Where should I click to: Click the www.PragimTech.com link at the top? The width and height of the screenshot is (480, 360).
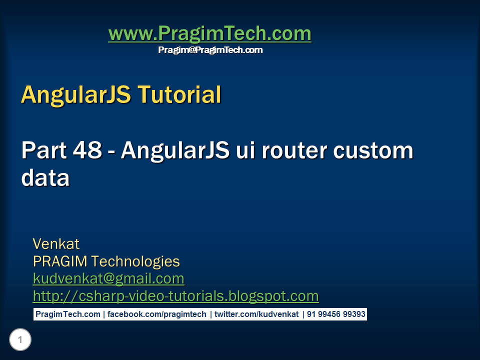tap(209, 34)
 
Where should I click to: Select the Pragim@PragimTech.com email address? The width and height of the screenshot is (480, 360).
tap(210, 50)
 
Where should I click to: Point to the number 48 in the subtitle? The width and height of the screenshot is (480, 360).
tap(88, 150)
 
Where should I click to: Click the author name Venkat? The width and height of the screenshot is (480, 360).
tap(56, 244)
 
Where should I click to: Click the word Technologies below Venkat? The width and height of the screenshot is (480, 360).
tap(135, 261)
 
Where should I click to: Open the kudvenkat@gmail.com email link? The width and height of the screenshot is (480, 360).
tap(108, 278)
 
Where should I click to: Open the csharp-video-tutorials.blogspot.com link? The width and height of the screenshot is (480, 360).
tap(175, 296)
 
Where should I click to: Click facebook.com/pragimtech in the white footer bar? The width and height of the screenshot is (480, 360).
tap(157, 314)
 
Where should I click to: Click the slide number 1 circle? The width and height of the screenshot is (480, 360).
tap(20, 340)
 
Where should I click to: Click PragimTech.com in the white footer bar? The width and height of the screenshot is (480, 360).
tap(67, 314)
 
